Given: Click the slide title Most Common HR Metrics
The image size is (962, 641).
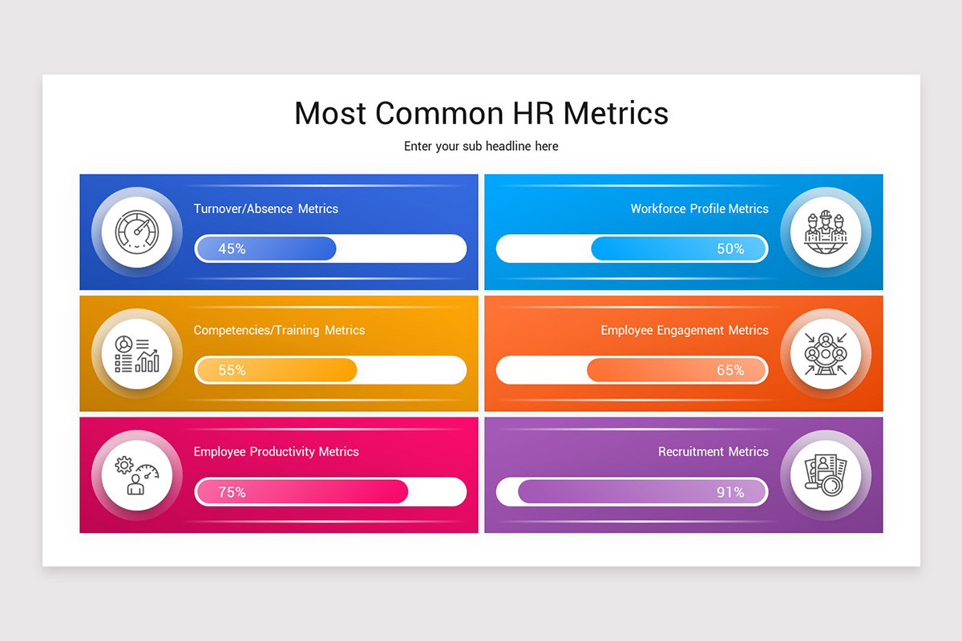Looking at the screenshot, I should coord(481,113).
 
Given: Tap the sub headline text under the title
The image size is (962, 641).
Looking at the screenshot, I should coord(481,147).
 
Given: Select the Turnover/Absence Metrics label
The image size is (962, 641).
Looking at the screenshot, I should coord(266,208).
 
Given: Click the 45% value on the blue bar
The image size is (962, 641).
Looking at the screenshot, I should coord(232,249).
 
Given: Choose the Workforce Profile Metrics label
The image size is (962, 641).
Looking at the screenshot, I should coord(699,208).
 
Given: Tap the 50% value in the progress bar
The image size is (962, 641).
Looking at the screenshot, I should coord(730,249).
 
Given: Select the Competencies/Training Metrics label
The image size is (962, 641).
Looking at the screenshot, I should coord(279,330).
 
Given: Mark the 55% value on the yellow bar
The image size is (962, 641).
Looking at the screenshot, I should coord(232,371).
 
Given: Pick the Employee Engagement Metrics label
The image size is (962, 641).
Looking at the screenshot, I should coord(685,330).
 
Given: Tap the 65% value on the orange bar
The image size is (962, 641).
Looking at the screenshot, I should coord(730,371).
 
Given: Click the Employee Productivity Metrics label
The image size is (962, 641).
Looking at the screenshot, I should coord(277,452).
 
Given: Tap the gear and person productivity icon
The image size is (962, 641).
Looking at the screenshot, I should coord(137,476).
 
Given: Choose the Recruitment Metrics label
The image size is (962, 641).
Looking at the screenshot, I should coord(713,452).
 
